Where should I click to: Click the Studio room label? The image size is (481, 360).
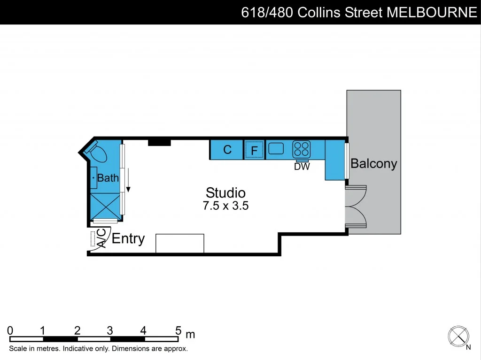tap(225, 192)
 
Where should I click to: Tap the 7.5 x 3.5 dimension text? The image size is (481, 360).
tap(225, 206)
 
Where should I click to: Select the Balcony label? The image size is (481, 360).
tap(373, 164)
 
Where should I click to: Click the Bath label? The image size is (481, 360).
tap(108, 178)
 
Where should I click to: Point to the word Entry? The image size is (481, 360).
tap(128, 238)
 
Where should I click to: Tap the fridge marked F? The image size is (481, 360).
tap(254, 150)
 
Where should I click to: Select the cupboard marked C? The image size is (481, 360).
tap(227, 150)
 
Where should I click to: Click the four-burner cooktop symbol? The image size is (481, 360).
tap(301, 149)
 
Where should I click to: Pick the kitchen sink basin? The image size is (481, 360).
tap(276, 149)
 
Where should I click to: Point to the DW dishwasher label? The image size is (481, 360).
tap(302, 167)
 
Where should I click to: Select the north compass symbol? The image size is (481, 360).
tap(458, 336)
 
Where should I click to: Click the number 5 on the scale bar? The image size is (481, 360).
tap(178, 330)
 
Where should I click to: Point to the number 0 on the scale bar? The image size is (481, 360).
tap(10, 330)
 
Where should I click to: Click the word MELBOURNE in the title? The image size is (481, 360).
tap(432, 12)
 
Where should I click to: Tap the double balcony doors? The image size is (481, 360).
tap(356, 207)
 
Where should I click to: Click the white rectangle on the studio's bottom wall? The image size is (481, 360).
tap(180, 243)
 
